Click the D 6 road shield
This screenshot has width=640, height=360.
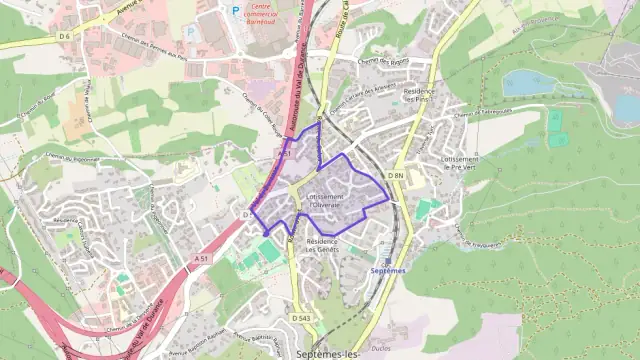65,36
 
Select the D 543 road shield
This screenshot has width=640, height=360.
301,317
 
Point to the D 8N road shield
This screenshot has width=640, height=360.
395,176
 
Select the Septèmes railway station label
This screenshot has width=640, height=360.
388,270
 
